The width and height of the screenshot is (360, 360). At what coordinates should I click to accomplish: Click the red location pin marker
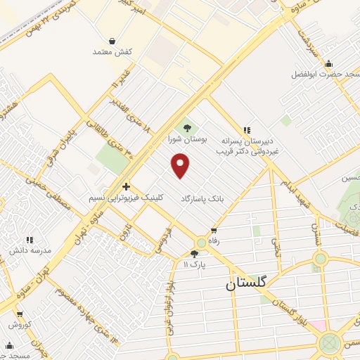(181, 166)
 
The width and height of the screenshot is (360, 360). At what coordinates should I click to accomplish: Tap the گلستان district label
(246, 283)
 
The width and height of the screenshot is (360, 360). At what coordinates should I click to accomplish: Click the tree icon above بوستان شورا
(187, 127)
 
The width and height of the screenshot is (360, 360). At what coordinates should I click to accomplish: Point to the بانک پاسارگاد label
(205, 199)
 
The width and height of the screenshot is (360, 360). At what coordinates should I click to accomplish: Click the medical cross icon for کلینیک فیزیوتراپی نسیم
(126, 186)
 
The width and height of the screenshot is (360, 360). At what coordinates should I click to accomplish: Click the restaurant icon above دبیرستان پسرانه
(246, 130)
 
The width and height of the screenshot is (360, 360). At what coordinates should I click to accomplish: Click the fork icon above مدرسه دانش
(30, 239)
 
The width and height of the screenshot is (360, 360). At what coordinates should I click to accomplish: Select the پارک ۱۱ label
(196, 265)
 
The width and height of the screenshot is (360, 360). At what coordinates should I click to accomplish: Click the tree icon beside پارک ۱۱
(195, 254)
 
